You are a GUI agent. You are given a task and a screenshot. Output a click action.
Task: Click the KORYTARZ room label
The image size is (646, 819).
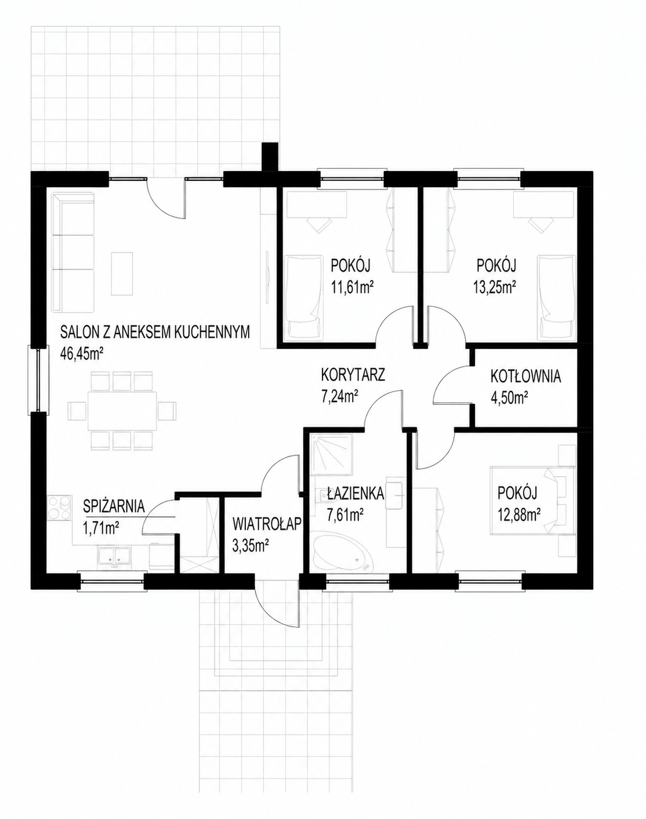point(353,375)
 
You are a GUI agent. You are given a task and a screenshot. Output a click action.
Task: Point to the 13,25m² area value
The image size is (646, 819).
point(494,288)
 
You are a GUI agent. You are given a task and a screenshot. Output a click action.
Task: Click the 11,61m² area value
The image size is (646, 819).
point(351,288)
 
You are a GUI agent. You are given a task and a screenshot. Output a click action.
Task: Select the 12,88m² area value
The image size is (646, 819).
point(520,516)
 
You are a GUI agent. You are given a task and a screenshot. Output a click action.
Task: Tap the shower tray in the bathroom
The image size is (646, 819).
point(330,451)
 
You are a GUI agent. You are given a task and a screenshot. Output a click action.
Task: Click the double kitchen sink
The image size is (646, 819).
point(114,556)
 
